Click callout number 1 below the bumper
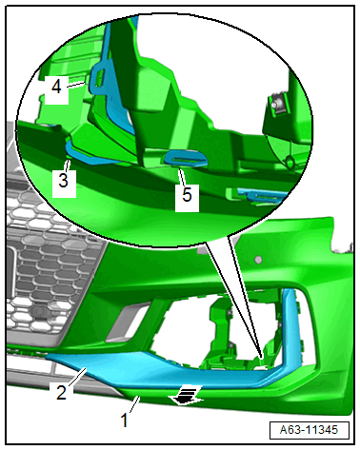coord(125,421)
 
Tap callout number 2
coord(61,392)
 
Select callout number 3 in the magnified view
coord(64,181)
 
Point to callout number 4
coord(56,87)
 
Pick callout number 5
coord(187,194)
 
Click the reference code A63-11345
coord(309,430)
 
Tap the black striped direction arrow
coord(186,395)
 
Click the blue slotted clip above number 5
coord(185,158)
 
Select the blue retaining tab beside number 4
coord(99,79)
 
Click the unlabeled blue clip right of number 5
coord(257,195)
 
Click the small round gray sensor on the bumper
coord(258,260)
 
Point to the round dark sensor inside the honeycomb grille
coord(39,311)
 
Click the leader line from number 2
coord(77,377)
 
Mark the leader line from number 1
coord(134,404)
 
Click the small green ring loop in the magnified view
coord(290,163)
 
